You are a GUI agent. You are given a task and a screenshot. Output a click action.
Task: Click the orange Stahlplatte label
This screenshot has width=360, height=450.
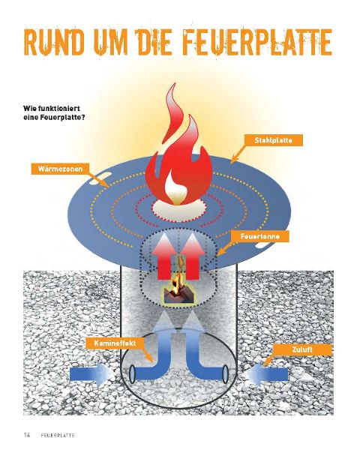[x=273, y=140]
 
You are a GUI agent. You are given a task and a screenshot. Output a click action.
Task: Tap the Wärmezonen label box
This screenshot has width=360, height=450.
[x=60, y=169]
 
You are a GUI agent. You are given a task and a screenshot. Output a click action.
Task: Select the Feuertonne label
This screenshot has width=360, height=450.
[x=260, y=236]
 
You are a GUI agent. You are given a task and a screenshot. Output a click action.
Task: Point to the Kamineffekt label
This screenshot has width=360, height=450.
[x=115, y=343]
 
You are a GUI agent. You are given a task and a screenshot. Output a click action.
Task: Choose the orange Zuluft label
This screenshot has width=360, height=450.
[x=302, y=349]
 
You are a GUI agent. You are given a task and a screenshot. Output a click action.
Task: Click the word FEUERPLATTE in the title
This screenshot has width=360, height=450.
[x=258, y=42]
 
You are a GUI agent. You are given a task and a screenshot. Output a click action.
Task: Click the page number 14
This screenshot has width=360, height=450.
[x=27, y=435]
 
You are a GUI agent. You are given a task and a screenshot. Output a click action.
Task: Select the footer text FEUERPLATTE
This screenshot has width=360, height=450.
[x=58, y=435]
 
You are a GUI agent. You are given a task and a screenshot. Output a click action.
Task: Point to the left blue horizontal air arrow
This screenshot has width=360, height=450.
[x=91, y=374]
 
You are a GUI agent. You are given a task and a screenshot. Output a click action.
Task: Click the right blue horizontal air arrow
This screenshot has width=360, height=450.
[x=266, y=374]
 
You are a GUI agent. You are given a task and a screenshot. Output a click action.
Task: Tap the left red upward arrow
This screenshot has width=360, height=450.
[x=163, y=256]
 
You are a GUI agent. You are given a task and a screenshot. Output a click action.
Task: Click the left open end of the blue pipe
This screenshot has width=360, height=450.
[x=132, y=374]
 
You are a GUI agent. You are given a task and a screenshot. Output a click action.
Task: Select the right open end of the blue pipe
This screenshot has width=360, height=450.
[x=226, y=374]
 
